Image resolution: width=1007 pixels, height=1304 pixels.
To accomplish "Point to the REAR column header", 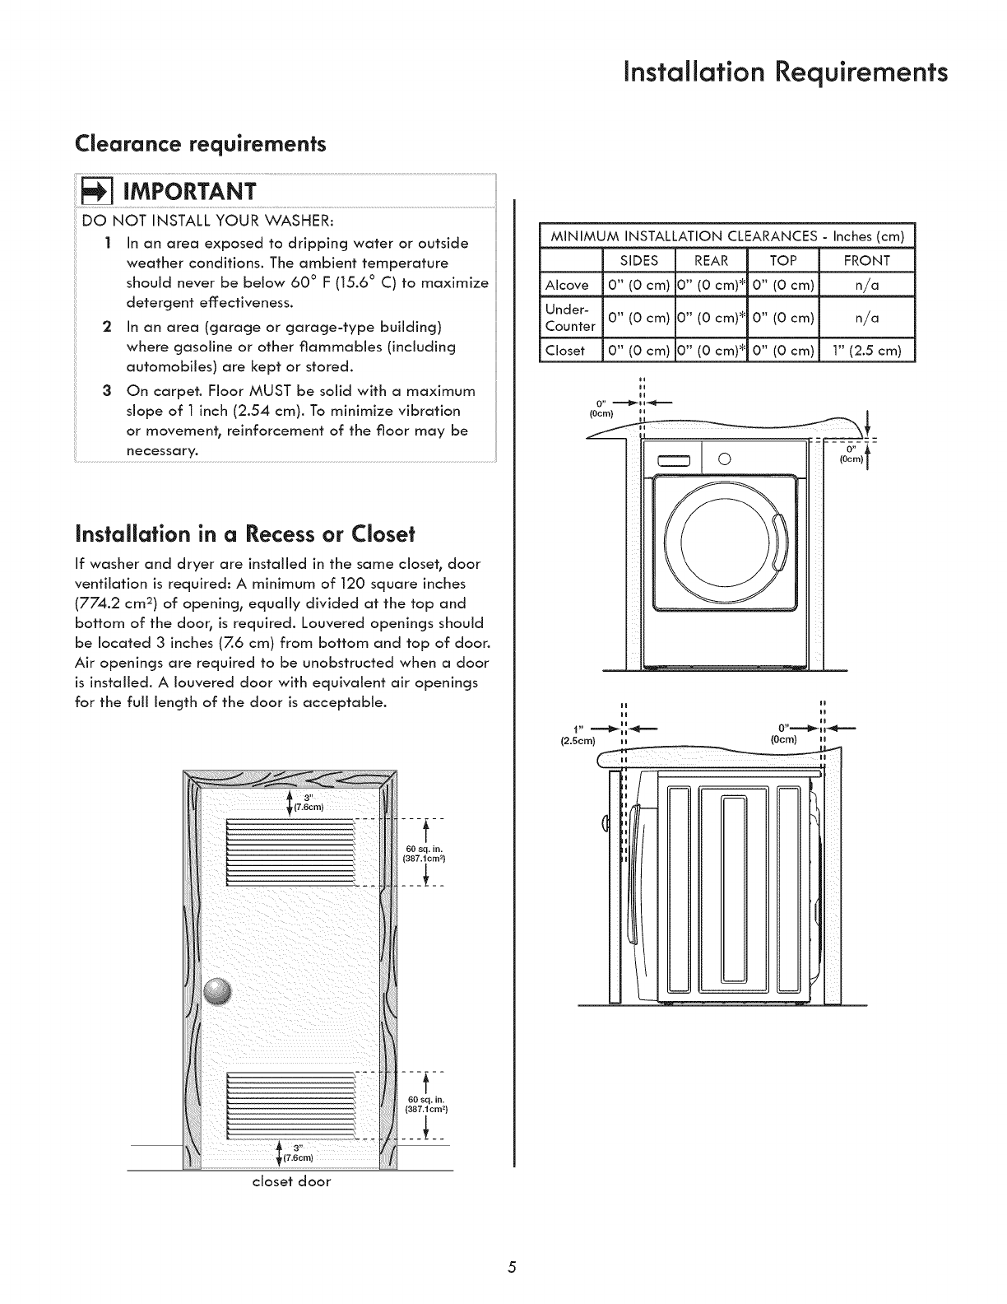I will pyautogui.click(x=711, y=260).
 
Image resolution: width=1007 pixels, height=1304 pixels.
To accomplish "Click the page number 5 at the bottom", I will pyautogui.click(x=511, y=1267).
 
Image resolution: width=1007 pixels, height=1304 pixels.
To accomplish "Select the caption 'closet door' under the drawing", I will pyautogui.click(x=291, y=1182).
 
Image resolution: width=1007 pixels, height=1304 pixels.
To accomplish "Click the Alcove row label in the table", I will pyautogui.click(x=568, y=285).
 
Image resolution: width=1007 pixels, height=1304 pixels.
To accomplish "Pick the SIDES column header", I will pyautogui.click(x=638, y=260).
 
